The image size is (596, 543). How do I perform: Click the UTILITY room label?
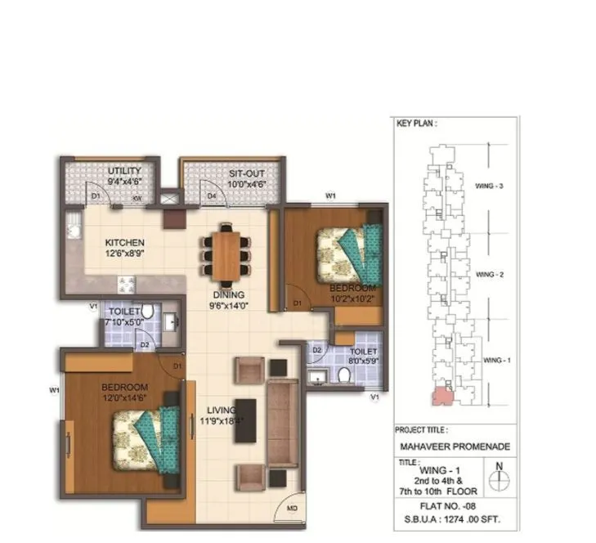[x=124, y=172]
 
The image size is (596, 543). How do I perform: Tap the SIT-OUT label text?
[x=245, y=174]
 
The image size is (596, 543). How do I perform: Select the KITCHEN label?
[x=124, y=243]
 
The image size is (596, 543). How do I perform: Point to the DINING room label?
[x=225, y=295]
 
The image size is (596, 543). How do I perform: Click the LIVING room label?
[x=222, y=410]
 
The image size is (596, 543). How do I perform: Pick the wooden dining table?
[x=225, y=254]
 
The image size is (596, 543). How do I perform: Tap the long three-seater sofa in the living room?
[x=283, y=421]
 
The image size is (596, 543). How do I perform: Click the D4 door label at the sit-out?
[x=211, y=196]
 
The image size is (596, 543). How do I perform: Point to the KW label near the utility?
[x=138, y=197]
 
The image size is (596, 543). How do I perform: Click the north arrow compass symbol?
[x=498, y=477]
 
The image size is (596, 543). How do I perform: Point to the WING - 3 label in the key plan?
[x=489, y=186]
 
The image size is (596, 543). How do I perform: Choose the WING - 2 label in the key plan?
[x=489, y=275]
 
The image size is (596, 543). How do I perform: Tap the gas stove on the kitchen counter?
[x=127, y=285]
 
